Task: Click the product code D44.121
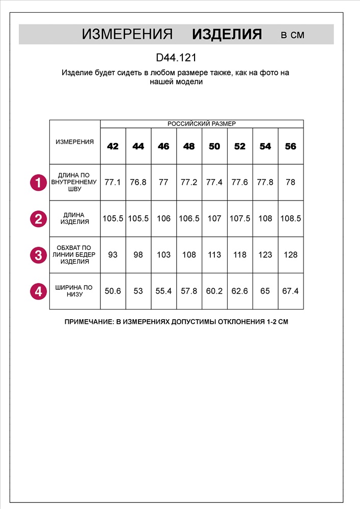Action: point(176,58)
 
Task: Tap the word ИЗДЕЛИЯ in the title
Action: point(227,35)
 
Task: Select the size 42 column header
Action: point(113,146)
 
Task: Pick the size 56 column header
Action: point(291,146)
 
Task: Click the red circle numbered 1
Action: point(38,182)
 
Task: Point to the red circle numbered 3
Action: point(38,254)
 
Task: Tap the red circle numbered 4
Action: point(38,291)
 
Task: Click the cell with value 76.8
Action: point(138,182)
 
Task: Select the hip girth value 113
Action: point(214,254)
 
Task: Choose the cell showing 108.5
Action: point(291,218)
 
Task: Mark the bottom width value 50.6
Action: point(113,291)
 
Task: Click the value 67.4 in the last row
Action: point(291,291)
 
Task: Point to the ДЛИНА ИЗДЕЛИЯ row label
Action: point(75,218)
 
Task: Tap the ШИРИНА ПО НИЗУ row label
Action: point(75,291)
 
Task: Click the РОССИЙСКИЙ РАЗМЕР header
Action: point(202,124)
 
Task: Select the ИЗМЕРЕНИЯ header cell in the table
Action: point(75,142)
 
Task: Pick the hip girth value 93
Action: point(113,254)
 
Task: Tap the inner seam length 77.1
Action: point(113,182)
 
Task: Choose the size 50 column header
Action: point(214,146)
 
